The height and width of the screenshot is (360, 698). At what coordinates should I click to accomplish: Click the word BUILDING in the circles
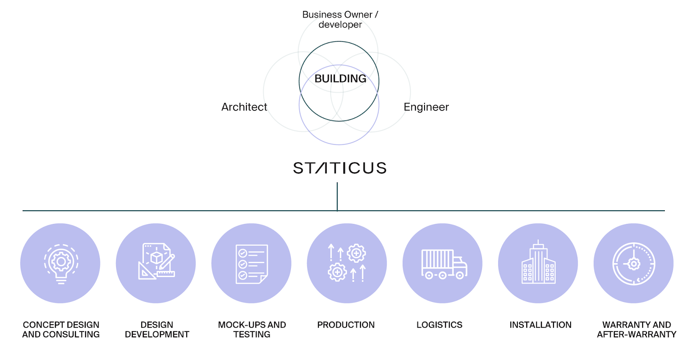340,79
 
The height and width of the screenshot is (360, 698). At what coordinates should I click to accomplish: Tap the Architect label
244,107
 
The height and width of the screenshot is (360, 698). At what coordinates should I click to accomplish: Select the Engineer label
426,107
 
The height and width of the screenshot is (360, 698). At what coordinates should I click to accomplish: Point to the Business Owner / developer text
340,20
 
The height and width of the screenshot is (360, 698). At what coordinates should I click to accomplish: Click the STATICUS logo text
340,168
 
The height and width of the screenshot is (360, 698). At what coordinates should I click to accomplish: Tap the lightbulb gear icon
61,264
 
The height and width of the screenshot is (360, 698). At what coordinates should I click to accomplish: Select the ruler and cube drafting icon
156,262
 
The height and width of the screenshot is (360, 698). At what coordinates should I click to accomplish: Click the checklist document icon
251,264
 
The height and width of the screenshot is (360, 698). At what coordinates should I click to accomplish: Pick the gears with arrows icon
347,263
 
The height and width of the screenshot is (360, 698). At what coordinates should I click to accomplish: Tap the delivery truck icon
443,264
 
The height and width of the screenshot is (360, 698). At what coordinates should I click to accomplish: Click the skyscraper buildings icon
538,263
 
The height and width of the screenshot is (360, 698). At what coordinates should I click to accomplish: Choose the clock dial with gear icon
633,264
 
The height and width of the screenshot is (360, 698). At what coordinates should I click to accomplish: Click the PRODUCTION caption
346,325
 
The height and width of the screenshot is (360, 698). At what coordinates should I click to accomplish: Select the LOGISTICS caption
439,325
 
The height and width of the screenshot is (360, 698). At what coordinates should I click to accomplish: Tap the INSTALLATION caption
541,325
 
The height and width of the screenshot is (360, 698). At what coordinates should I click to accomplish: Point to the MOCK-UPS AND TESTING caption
252,329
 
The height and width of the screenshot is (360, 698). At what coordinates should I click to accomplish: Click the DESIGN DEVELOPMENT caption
157,329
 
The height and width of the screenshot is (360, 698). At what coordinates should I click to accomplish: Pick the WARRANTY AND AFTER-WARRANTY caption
636,329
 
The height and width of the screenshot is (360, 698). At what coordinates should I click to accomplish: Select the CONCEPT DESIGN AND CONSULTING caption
61,329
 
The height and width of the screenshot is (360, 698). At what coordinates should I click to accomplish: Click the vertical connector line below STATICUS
337,196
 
